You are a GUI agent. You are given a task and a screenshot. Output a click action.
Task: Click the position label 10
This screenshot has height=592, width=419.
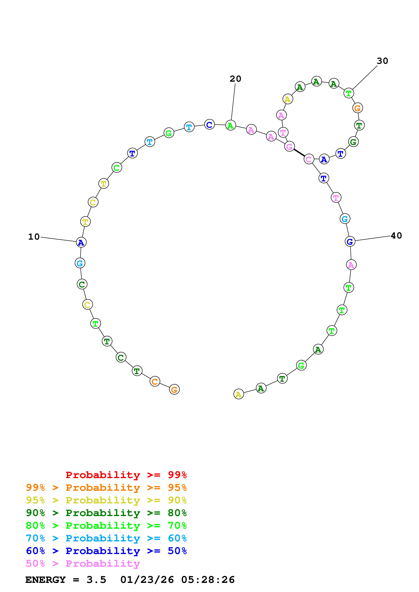click(34, 237)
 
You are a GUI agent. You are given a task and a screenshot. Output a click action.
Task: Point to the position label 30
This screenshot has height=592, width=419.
click(382, 61)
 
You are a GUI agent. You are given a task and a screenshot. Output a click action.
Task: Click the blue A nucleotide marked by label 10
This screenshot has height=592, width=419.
click(81, 242)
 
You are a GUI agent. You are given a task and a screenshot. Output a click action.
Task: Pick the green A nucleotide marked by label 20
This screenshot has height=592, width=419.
click(231, 125)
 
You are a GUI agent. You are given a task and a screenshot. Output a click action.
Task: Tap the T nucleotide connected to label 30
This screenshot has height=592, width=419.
click(349, 93)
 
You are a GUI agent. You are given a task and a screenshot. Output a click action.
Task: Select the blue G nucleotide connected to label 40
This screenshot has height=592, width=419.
click(350, 242)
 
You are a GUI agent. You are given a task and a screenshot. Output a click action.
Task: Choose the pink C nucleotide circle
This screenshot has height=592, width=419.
click(309, 159)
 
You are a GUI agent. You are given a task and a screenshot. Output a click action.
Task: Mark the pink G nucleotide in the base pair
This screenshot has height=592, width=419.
click(289, 146)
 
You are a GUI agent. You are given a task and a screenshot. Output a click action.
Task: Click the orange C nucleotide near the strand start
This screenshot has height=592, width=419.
click(155, 381)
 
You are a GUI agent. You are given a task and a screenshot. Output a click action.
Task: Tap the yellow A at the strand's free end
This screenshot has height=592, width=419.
click(238, 394)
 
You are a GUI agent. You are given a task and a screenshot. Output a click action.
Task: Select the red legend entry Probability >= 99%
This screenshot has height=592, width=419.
click(126, 475)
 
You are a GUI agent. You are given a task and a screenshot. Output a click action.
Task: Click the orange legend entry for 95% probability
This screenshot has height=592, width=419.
click(106, 488)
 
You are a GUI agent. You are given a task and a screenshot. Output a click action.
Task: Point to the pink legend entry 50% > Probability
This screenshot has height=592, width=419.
click(83, 564)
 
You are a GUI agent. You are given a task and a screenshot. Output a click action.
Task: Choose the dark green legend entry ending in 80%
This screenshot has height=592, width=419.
click(106, 513)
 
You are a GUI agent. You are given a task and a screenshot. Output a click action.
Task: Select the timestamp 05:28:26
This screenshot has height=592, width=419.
click(208, 580)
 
